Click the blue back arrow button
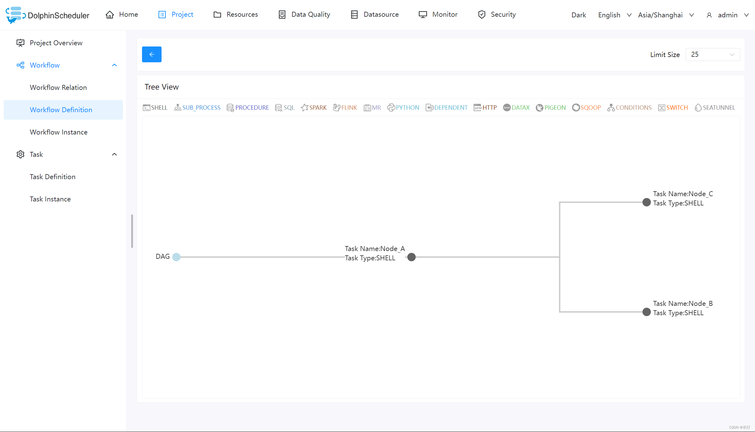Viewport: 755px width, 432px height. tap(152, 55)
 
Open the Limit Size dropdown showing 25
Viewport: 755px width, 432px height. tap(712, 55)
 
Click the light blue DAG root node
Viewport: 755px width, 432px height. tap(176, 257)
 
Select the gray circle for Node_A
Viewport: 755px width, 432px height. tap(411, 257)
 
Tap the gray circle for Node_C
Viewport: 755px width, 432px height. tap(646, 202)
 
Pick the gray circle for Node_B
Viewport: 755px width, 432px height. tap(646, 312)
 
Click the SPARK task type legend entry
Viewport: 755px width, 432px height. tap(314, 108)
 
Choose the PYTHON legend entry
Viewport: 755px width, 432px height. tap(403, 108)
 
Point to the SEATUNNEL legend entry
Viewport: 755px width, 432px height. tap(715, 108)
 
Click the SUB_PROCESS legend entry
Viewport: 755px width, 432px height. tap(197, 108)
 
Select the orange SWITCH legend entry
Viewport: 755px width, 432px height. tap(673, 108)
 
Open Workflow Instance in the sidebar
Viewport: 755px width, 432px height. tap(59, 132)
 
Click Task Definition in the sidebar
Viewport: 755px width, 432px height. tap(53, 177)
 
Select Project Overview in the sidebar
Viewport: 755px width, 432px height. tap(56, 43)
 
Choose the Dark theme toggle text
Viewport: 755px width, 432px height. tap(579, 15)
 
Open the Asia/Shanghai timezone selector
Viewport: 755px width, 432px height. tap(666, 15)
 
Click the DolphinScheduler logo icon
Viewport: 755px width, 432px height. tap(15, 15)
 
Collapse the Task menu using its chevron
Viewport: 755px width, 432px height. tap(114, 154)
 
